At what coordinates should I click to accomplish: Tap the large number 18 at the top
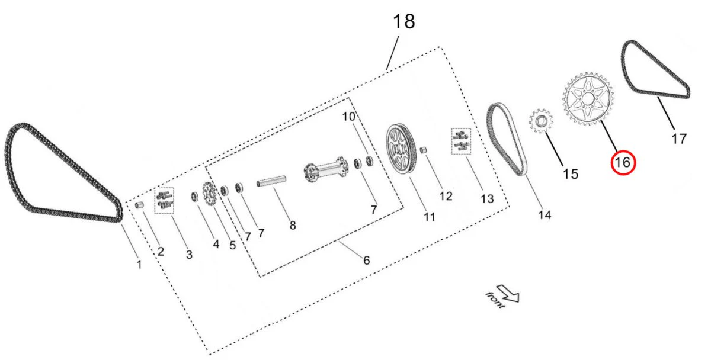403,22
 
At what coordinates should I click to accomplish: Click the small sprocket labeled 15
540,122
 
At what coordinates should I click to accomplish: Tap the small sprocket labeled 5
209,194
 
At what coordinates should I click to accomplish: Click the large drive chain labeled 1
59,172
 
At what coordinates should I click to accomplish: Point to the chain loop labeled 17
655,71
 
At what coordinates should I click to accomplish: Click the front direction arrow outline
507,292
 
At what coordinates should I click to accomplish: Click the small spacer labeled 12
424,150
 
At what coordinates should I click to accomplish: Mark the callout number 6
366,259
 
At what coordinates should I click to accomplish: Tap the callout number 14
544,215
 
